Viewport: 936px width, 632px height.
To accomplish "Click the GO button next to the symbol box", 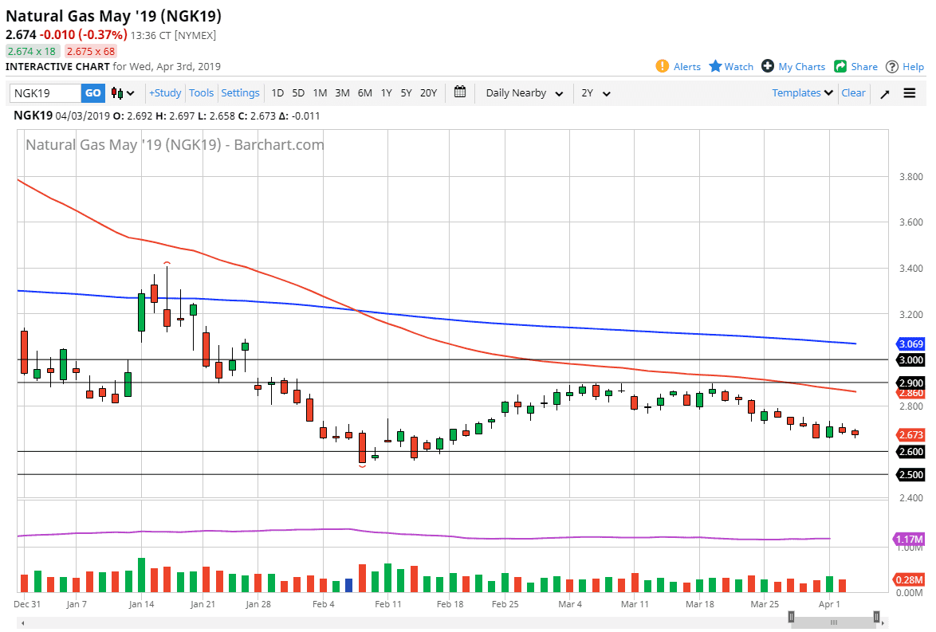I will (93, 93).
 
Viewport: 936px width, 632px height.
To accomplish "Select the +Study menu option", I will (165, 93).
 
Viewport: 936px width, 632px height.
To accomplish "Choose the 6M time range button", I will (364, 93).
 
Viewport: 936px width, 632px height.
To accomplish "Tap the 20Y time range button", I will (428, 93).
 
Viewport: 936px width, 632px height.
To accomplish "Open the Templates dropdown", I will (802, 93).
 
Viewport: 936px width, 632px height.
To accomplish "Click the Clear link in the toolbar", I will (853, 93).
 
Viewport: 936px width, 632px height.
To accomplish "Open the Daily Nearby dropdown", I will (524, 93).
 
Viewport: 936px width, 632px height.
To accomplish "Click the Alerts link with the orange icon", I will (678, 67).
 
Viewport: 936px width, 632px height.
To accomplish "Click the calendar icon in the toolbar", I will (460, 92).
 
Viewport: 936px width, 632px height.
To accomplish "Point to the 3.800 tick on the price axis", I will (910, 177).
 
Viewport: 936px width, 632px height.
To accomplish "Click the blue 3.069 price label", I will (910, 344).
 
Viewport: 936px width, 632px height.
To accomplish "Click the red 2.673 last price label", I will (910, 435).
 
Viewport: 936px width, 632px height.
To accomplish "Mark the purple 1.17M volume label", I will (909, 540).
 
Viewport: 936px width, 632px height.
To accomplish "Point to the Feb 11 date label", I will (388, 605).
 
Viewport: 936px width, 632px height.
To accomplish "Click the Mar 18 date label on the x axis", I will (699, 605).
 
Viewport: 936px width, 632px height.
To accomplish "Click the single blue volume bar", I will (348, 585).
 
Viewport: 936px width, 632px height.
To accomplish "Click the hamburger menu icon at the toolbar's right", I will (910, 93).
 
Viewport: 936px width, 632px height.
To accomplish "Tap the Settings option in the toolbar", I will (240, 93).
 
